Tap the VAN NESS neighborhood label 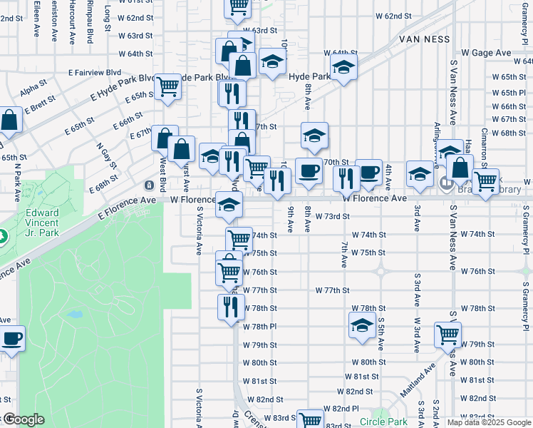click(426, 39)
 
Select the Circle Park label click(383, 422)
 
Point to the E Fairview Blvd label click(95, 72)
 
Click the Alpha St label click(33, 88)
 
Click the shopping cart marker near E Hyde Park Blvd click(167, 86)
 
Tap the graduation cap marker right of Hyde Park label click(343, 68)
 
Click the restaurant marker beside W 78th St click(230, 307)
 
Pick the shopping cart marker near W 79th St click(447, 333)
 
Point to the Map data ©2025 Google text click(489, 422)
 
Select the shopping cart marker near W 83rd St click(310, 420)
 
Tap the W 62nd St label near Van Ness click(393, 16)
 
